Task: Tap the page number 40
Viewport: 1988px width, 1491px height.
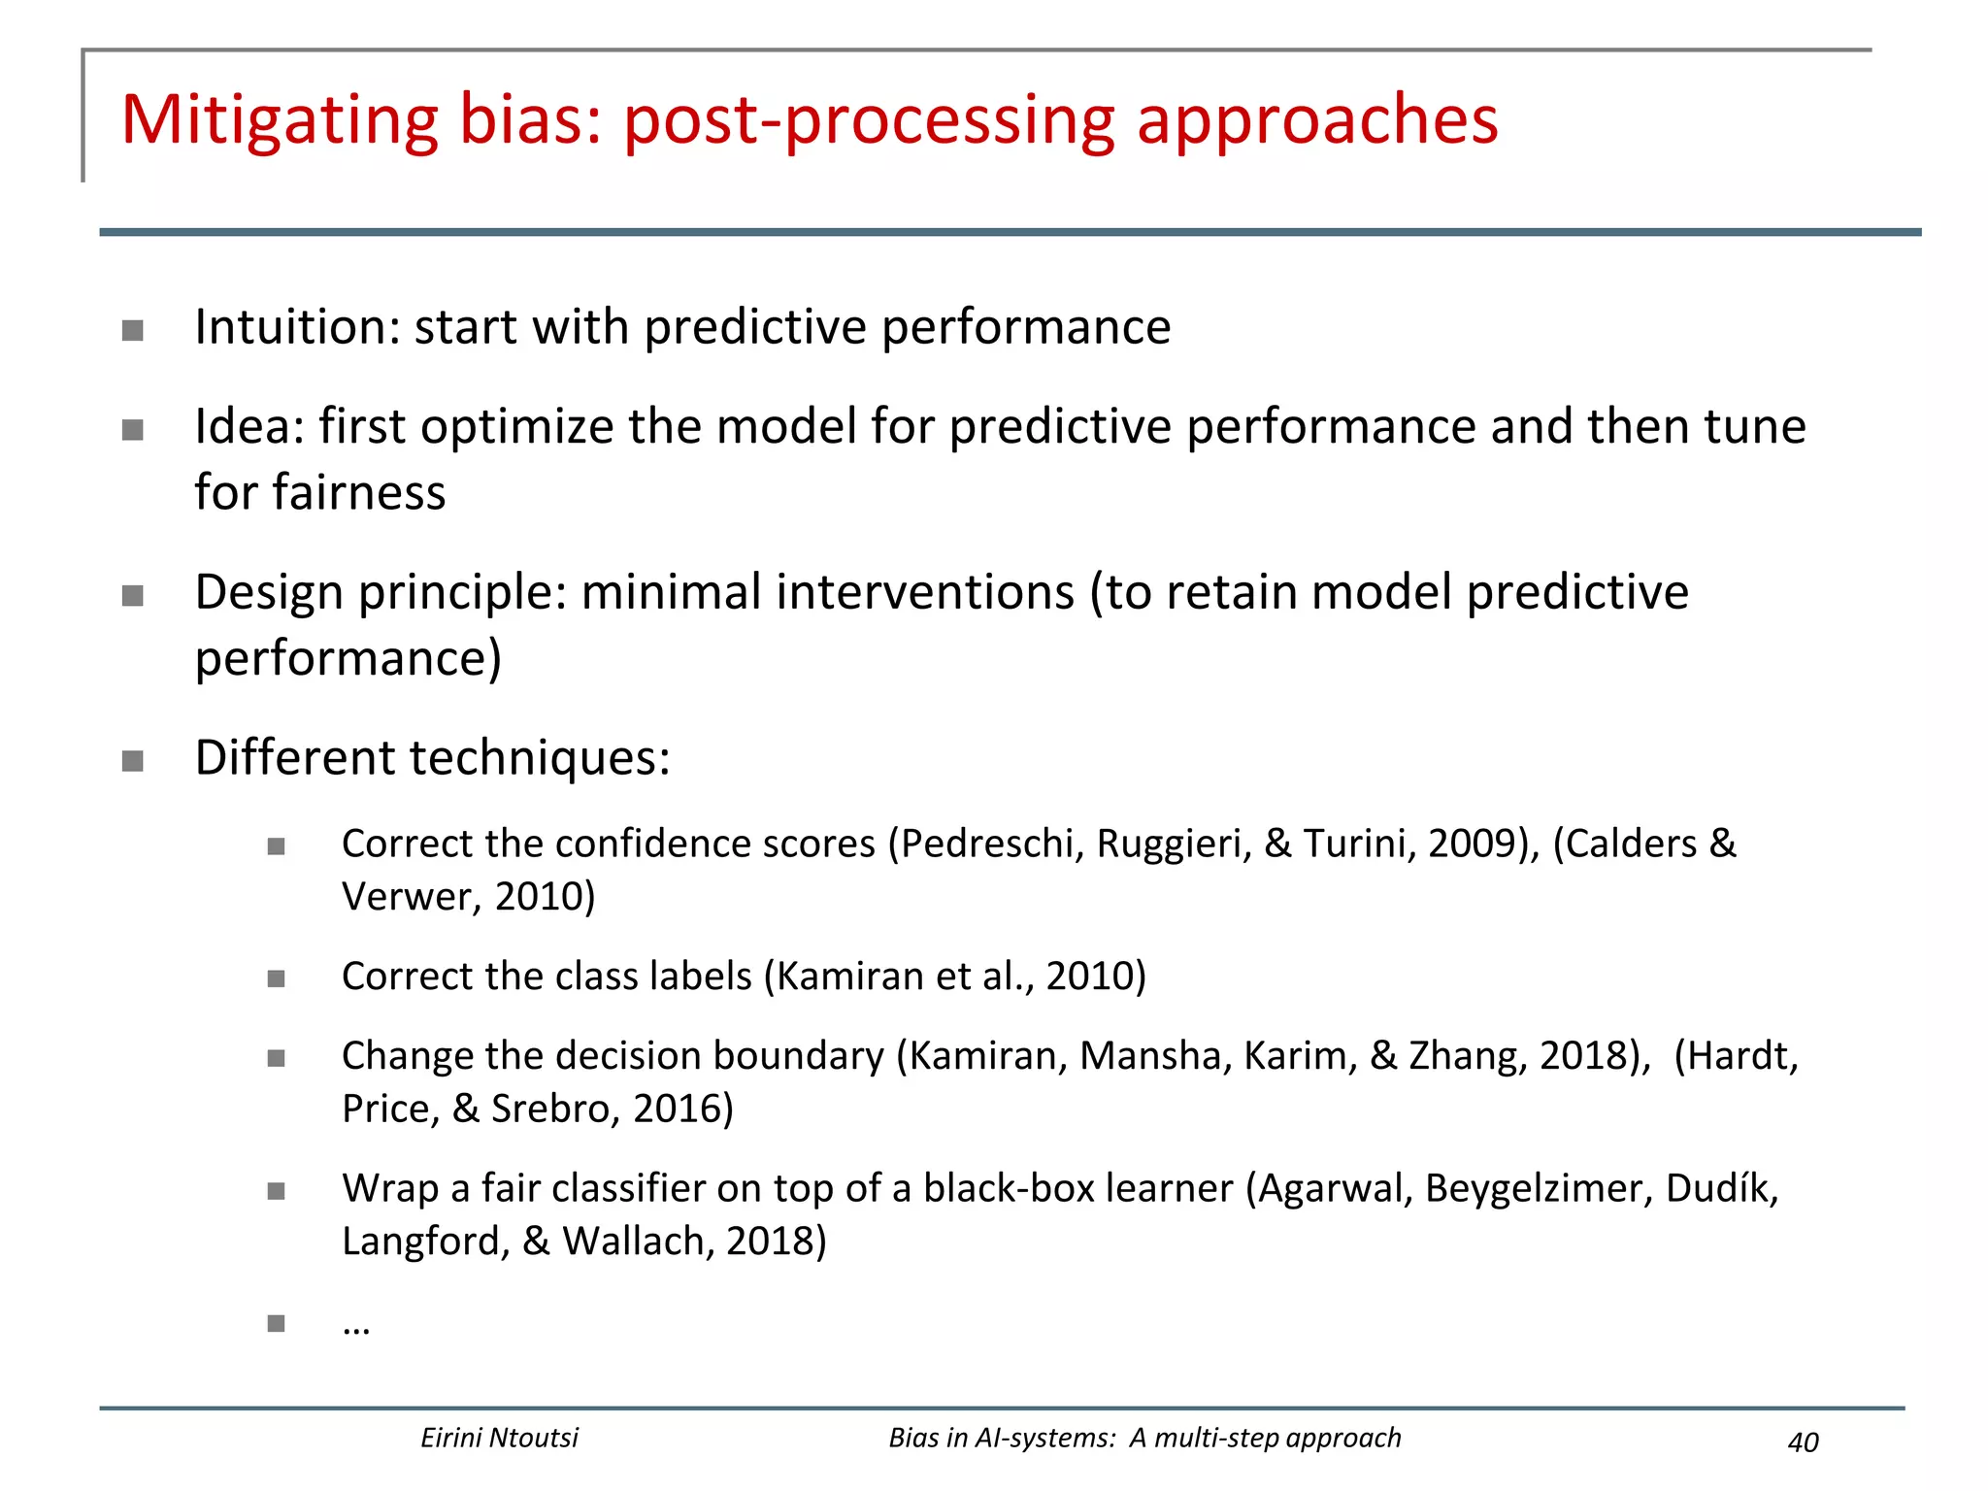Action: pyautogui.click(x=1803, y=1442)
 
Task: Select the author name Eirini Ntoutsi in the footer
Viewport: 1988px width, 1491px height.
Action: pyautogui.click(x=499, y=1438)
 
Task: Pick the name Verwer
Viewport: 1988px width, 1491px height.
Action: pyautogui.click(x=411, y=897)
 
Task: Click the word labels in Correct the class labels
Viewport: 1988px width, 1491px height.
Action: pyautogui.click(x=701, y=977)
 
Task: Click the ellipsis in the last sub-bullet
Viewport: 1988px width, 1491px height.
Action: pyautogui.click(x=356, y=1326)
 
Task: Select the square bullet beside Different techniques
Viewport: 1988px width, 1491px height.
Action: pyautogui.click(x=133, y=760)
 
